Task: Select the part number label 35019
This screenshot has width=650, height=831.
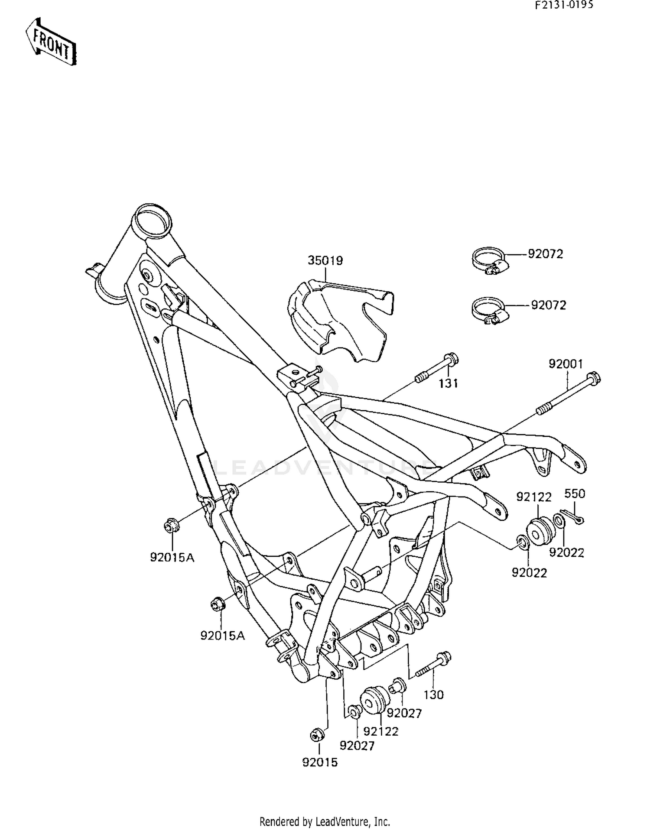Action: [x=325, y=260]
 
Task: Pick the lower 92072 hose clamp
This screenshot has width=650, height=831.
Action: [x=489, y=310]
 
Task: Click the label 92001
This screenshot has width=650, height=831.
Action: [x=566, y=364]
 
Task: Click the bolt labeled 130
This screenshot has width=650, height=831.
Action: [x=434, y=666]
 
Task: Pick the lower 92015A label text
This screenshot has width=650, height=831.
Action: [x=222, y=636]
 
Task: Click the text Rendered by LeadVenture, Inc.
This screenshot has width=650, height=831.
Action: [x=325, y=821]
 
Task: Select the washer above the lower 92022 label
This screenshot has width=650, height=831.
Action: [x=522, y=542]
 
